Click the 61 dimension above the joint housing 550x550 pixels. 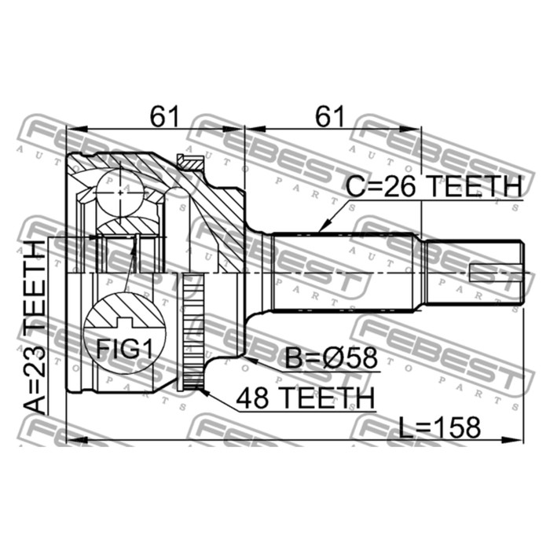(163, 117)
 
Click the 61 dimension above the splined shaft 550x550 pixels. (330, 117)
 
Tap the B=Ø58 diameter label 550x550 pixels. (331, 359)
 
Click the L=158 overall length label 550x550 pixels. (439, 427)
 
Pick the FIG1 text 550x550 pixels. (124, 348)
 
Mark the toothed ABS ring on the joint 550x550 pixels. (191, 330)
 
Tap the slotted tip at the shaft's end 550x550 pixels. (496, 272)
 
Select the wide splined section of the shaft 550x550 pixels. (346, 272)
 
